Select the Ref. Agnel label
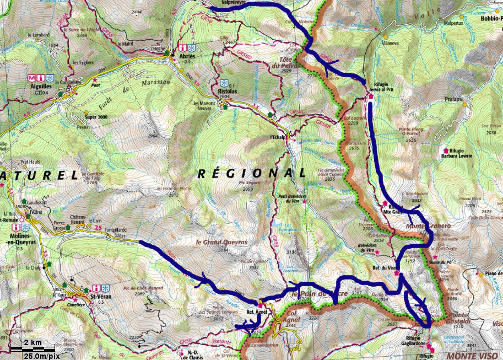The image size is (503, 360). (256, 311)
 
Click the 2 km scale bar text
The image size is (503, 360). (33, 343)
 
